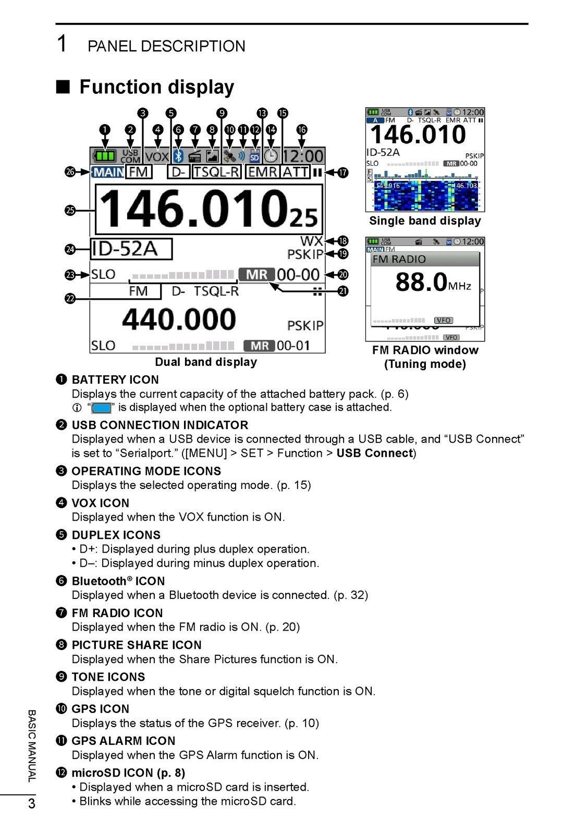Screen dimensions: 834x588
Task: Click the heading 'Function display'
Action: pyautogui.click(x=156, y=87)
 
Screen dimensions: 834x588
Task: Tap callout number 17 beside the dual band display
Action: pyautogui.click(x=342, y=173)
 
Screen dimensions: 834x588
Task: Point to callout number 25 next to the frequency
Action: pyautogui.click(x=70, y=211)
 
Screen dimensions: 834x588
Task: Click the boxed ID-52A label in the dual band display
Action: pyautogui.click(x=131, y=249)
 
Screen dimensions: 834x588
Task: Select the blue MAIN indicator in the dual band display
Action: pyautogui.click(x=108, y=172)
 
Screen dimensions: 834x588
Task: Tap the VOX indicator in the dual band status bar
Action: pyautogui.click(x=157, y=156)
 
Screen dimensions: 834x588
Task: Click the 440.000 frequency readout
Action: pyautogui.click(x=179, y=319)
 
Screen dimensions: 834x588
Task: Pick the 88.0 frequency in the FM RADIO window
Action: pyautogui.click(x=421, y=282)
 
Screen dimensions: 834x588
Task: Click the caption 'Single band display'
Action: pyautogui.click(x=425, y=221)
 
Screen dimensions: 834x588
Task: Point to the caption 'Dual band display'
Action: pyautogui.click(x=206, y=362)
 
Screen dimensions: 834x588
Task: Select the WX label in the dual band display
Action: pyautogui.click(x=312, y=241)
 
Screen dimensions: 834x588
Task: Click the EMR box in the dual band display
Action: pyautogui.click(x=263, y=171)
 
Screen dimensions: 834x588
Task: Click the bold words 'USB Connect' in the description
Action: pyautogui.click(x=374, y=453)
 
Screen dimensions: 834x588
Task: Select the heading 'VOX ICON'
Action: pyautogui.click(x=101, y=504)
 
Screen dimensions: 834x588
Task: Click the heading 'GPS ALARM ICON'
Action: pyautogui.click(x=124, y=741)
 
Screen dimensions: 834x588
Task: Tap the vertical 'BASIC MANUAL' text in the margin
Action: pyautogui.click(x=32, y=745)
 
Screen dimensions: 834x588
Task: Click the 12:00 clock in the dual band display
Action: pyautogui.click(x=303, y=156)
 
